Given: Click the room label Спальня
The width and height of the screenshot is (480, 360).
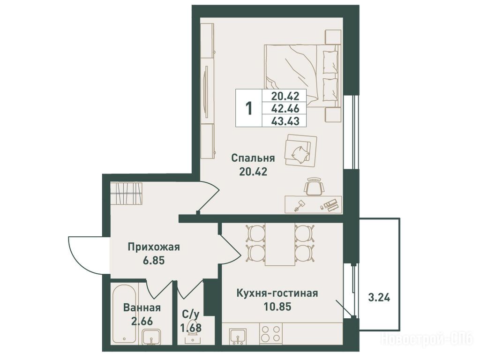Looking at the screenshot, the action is [253, 159].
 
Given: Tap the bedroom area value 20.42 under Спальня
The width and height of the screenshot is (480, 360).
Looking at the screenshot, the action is [253, 172].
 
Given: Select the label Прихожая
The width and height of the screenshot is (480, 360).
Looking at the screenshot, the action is [154, 247].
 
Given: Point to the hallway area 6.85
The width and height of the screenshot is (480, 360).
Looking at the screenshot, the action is [154, 261].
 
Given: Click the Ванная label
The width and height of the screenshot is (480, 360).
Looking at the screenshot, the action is [142, 307].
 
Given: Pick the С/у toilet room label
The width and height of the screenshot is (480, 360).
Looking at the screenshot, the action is [191, 314].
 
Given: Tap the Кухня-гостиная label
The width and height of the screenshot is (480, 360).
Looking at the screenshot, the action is [277, 293].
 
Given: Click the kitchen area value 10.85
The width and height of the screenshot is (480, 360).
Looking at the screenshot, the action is [277, 307].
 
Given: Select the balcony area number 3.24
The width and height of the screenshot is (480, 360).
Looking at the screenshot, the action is [379, 298].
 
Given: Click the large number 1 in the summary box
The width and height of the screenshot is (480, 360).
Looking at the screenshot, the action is [249, 108].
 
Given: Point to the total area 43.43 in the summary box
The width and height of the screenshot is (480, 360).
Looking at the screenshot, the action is [285, 121].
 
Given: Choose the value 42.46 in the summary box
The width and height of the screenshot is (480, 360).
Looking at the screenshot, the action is [285, 108].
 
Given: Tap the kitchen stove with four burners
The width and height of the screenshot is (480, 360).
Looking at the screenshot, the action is [271, 333].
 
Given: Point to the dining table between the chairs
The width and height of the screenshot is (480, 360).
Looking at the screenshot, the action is [280, 244].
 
